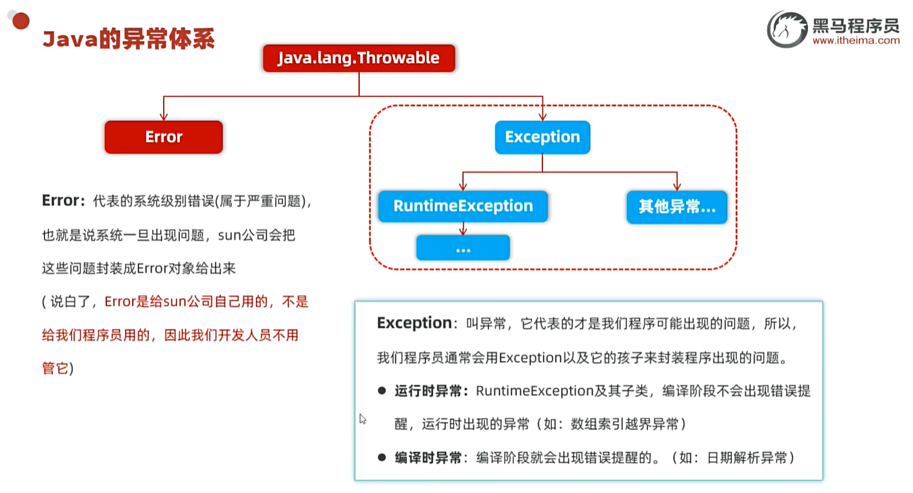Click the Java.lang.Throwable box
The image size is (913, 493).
(358, 58)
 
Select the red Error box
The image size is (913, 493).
(164, 137)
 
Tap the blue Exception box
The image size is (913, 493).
(542, 137)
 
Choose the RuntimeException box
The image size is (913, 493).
(463, 206)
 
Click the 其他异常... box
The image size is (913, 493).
(676, 207)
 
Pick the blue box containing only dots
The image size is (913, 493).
(463, 247)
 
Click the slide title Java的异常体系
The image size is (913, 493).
(128, 39)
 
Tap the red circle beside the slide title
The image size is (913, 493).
(21, 21)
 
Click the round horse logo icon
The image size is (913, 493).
(787, 30)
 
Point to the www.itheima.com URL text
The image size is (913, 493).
(856, 41)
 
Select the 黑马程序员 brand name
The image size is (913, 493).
(856, 25)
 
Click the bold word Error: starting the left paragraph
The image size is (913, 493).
(63, 200)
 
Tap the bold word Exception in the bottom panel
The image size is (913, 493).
(415, 323)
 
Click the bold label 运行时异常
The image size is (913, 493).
(430, 391)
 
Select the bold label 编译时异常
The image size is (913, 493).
(430, 458)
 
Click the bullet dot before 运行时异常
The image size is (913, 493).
(382, 391)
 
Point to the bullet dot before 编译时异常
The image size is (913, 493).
(382, 458)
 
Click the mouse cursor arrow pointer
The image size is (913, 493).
(362, 419)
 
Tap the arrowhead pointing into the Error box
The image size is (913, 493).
(164, 117)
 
